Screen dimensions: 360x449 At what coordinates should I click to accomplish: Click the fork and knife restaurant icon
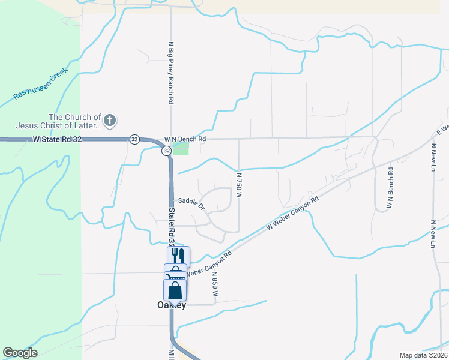tap(178, 255)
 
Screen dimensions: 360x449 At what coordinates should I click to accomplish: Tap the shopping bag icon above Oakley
tap(175, 290)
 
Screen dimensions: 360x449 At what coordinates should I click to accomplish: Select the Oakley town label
tap(167, 305)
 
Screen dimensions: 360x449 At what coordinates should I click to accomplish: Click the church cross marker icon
tap(109, 121)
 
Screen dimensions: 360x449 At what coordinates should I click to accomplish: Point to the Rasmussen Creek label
tap(41, 85)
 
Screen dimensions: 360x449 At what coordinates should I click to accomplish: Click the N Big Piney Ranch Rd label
tap(170, 74)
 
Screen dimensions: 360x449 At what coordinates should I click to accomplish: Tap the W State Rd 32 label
tap(57, 139)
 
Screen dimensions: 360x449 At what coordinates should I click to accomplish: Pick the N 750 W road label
tap(239, 185)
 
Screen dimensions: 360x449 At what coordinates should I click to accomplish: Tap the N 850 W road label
tap(214, 284)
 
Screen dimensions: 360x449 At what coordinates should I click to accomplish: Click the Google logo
tap(20, 353)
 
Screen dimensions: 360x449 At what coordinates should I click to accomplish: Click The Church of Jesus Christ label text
tap(75, 121)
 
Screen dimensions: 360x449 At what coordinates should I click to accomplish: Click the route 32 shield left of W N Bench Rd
tap(134, 139)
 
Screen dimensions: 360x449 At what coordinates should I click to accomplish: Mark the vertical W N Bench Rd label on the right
tap(390, 187)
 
